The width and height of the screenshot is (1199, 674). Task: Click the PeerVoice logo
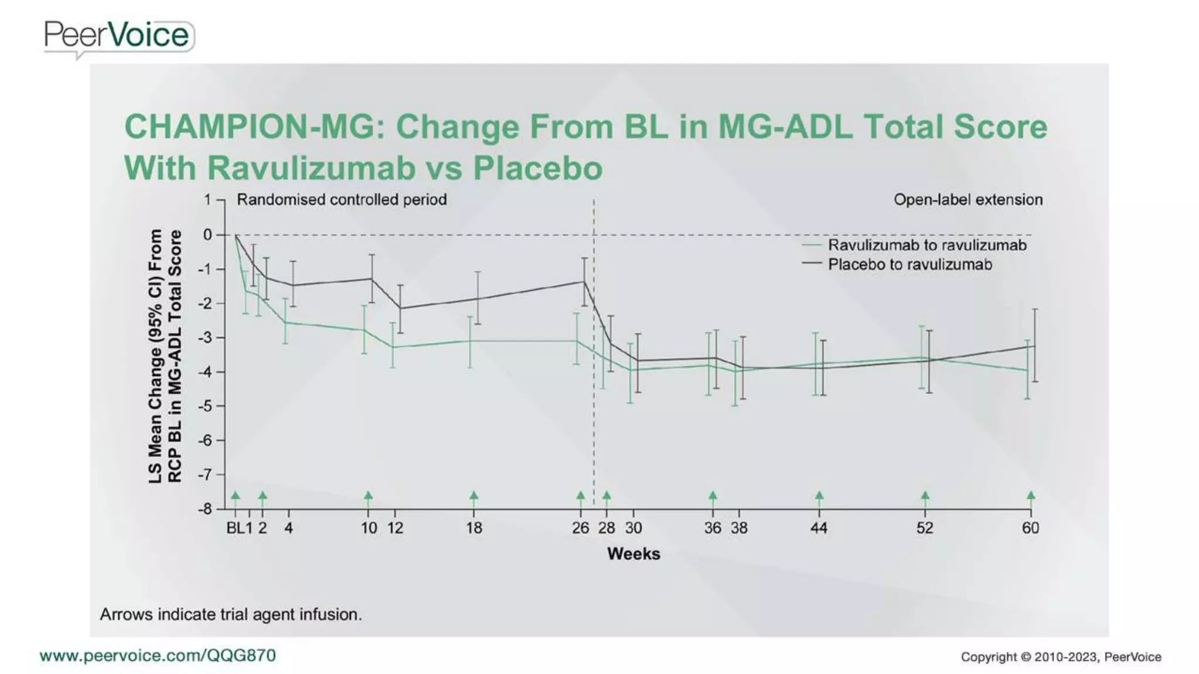pyautogui.click(x=118, y=36)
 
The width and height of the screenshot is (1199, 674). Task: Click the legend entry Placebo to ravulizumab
pyautogui.click(x=909, y=264)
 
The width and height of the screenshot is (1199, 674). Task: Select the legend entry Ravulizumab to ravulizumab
pyautogui.click(x=926, y=245)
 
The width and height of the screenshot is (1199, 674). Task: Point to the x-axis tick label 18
pyautogui.click(x=474, y=528)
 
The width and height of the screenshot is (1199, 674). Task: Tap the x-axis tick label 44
pyautogui.click(x=818, y=528)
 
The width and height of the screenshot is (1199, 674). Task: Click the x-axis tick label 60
pyautogui.click(x=1030, y=528)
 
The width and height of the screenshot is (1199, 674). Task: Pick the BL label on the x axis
pyautogui.click(x=235, y=528)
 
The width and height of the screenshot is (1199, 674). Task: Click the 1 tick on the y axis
pyautogui.click(x=208, y=200)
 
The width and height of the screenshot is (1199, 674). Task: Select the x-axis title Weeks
pyautogui.click(x=633, y=553)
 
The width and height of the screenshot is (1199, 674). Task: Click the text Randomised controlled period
pyautogui.click(x=341, y=200)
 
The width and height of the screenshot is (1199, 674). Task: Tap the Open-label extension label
pyautogui.click(x=968, y=200)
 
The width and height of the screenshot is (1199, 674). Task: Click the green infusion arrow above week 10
pyautogui.click(x=368, y=496)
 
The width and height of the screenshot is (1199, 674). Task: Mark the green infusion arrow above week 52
pyautogui.click(x=925, y=496)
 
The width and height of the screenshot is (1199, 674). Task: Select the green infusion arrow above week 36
pyautogui.click(x=712, y=496)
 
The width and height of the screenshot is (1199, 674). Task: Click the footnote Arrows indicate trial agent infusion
pyautogui.click(x=231, y=614)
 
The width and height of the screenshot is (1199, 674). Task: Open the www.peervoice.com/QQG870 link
pyautogui.click(x=157, y=655)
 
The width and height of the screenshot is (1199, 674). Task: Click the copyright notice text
pyautogui.click(x=1060, y=657)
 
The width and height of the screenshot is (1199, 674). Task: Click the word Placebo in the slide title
pyautogui.click(x=537, y=168)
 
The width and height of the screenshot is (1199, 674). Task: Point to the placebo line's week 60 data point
pyautogui.click(x=1034, y=346)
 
